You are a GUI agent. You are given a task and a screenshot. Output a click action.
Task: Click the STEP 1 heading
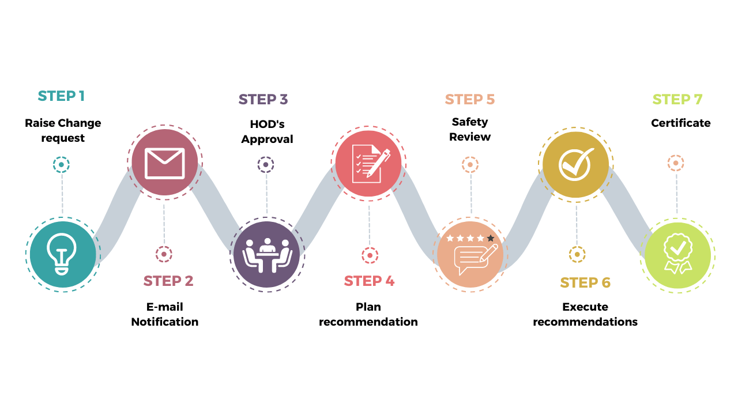coord(61,96)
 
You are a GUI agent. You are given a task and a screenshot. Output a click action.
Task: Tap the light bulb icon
coord(63,254)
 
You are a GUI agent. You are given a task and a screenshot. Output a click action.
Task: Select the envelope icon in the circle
coord(165,163)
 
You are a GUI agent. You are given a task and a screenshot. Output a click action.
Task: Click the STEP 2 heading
coord(168,281)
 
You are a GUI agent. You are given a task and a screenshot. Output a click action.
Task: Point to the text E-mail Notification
coord(164,314)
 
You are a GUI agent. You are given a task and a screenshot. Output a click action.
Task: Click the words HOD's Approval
coord(267,131)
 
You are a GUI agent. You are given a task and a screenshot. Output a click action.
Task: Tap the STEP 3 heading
coord(263,99)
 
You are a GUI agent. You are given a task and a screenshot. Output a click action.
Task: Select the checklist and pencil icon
coord(369,163)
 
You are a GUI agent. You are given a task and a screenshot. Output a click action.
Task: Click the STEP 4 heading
coord(369,281)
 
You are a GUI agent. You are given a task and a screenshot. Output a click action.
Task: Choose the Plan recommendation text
coord(368,314)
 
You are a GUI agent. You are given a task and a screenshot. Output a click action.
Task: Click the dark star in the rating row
coord(491,238)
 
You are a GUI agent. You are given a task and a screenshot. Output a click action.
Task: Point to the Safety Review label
coord(470,129)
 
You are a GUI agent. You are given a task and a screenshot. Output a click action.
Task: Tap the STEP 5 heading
coord(470,99)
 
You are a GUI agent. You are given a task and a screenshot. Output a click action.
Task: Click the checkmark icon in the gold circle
coord(576,164)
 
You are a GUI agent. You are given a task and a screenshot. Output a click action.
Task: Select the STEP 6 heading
coord(585,282)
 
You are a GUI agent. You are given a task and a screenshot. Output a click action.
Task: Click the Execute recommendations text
coord(585,314)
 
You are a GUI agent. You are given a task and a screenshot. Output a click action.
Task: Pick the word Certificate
coord(680,123)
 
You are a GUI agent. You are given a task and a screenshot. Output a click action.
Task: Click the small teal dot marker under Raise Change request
coord(61,165)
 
